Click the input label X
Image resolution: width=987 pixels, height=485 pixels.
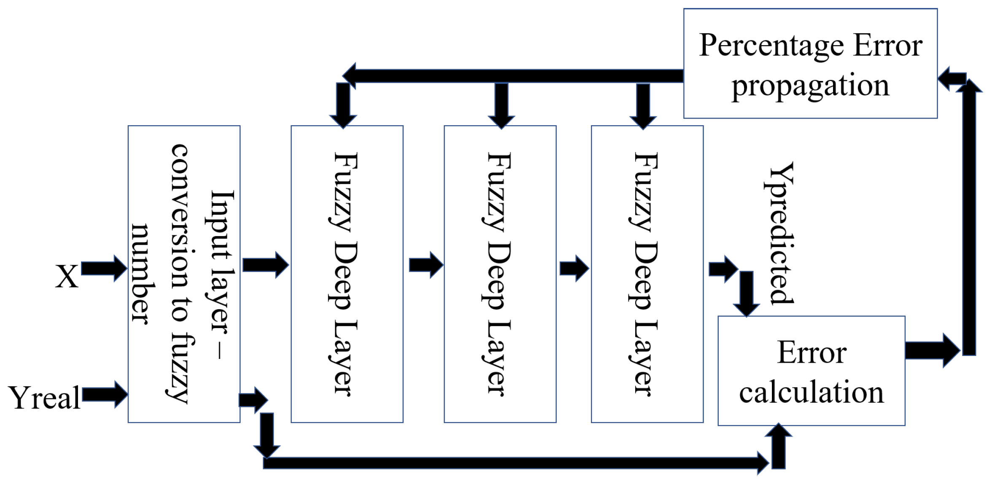click(67, 277)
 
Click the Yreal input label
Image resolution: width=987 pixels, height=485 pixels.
click(44, 398)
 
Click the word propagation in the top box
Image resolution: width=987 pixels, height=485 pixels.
click(810, 86)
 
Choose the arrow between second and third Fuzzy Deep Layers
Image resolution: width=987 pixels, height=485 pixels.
click(574, 268)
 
